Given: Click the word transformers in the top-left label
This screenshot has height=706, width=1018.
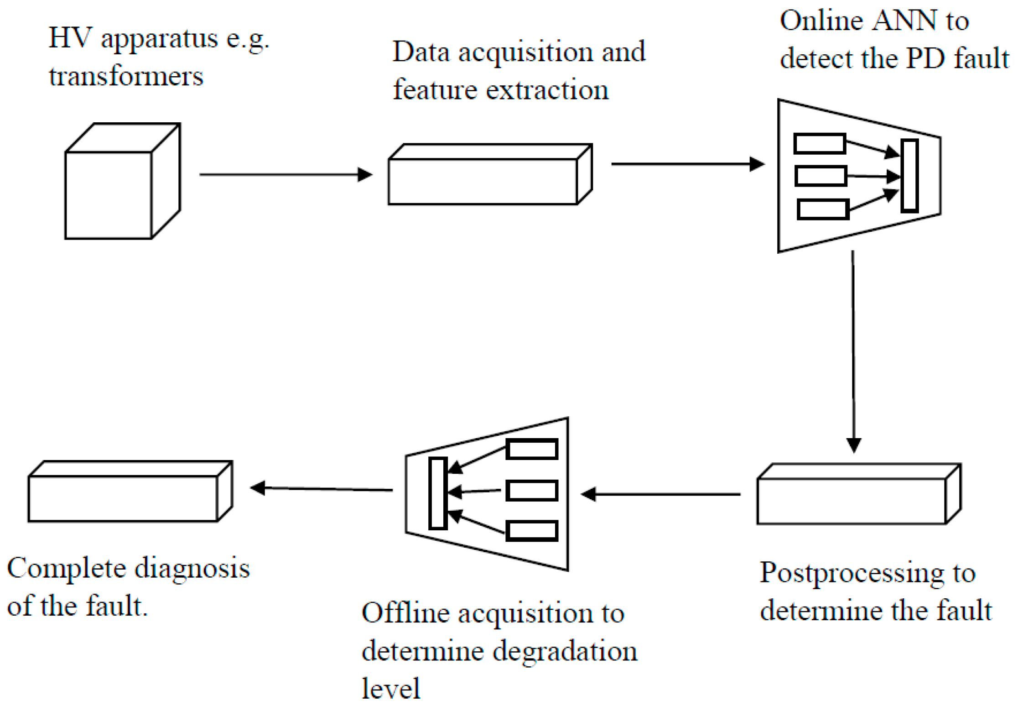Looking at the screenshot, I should click(x=126, y=76).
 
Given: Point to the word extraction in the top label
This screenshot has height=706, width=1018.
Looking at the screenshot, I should click(x=547, y=90).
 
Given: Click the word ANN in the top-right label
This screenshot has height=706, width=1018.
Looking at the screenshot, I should click(x=899, y=21).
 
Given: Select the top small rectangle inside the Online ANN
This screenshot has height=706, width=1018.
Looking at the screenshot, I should click(x=820, y=143).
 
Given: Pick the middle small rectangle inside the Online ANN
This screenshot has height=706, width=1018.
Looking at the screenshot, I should click(x=821, y=176).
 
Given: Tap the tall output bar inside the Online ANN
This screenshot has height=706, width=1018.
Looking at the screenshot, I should click(x=909, y=176).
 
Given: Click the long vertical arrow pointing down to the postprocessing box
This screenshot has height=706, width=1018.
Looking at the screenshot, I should click(x=853, y=351).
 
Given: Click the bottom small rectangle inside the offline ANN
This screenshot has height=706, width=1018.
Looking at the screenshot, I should click(x=532, y=531).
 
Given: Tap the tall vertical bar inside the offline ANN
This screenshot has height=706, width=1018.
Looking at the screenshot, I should click(x=438, y=493).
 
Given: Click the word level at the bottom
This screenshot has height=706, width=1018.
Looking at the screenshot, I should click(x=390, y=688).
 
